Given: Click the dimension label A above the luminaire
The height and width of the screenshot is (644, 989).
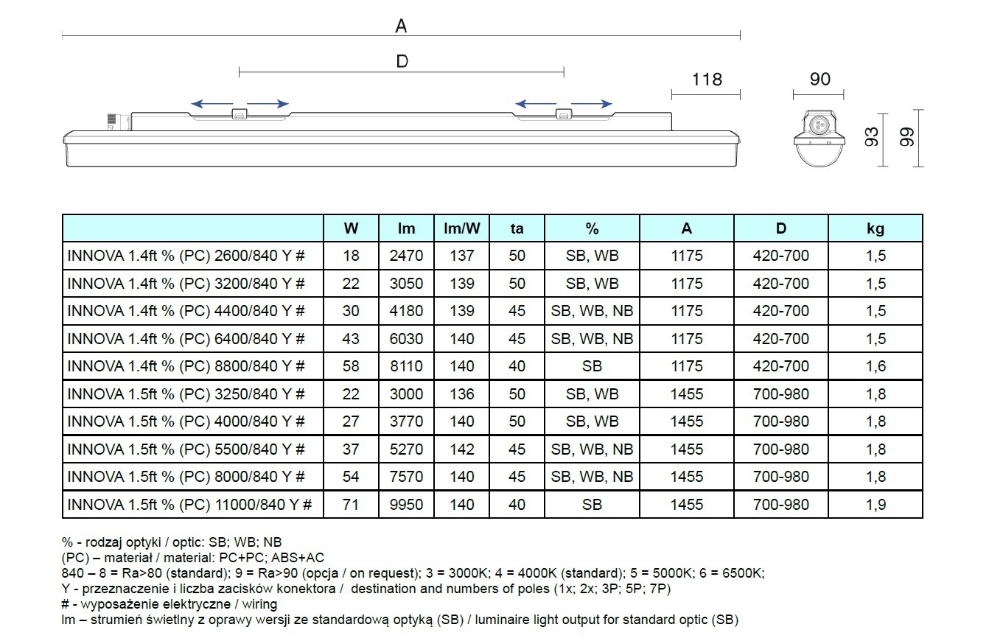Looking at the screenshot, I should point(401,27).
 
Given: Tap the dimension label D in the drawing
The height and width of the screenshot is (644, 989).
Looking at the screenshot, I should point(402,61).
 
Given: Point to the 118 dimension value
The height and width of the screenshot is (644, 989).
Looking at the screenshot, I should point(706,79).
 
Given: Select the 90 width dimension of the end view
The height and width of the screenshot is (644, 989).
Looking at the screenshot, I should point(819,79).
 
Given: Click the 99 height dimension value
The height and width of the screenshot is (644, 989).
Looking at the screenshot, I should point(908,137).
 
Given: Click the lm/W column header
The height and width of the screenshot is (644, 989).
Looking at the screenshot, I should point(462,228).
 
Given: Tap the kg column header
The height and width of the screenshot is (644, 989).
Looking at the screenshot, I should point(876,228).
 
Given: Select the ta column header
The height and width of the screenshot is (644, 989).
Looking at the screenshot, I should point(517,228).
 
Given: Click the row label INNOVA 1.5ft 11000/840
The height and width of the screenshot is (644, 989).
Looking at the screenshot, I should point(190,505).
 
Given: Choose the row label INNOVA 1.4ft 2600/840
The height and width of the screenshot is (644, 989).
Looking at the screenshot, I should point(186,256).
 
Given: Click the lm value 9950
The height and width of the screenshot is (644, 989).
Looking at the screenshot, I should point(406,505).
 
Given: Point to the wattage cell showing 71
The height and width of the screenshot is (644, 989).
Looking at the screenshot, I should point(351,505).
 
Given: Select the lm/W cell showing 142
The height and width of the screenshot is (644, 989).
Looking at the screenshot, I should point(462,449).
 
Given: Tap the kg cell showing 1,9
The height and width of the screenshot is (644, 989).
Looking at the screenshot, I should point(876,505).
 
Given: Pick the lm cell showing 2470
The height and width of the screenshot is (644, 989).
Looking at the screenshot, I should point(406,256).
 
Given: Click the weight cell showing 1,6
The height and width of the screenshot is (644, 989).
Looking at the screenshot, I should point(876,366).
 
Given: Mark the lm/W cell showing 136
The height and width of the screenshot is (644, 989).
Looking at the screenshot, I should point(462,394).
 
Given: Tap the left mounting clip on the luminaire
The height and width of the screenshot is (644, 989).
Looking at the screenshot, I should point(240,115).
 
